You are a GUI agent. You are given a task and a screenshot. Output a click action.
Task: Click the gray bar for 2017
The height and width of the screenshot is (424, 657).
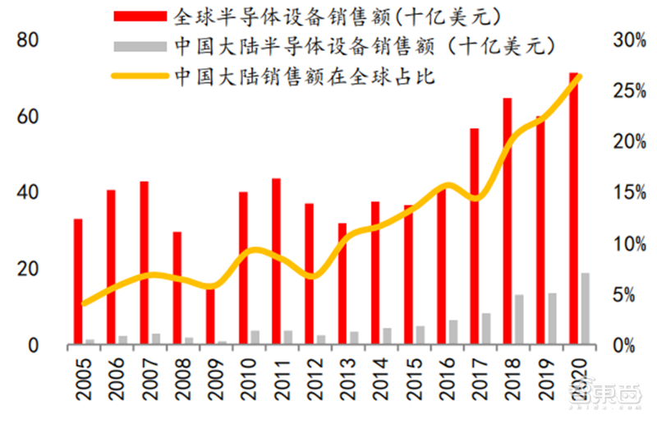tap(486, 328)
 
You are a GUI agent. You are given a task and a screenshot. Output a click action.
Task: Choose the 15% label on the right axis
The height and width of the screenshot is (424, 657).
tap(628, 192)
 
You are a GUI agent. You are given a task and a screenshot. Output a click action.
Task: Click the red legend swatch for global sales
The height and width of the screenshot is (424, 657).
tap(140, 16)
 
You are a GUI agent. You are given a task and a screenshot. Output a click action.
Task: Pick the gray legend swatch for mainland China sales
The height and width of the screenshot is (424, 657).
tap(140, 46)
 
